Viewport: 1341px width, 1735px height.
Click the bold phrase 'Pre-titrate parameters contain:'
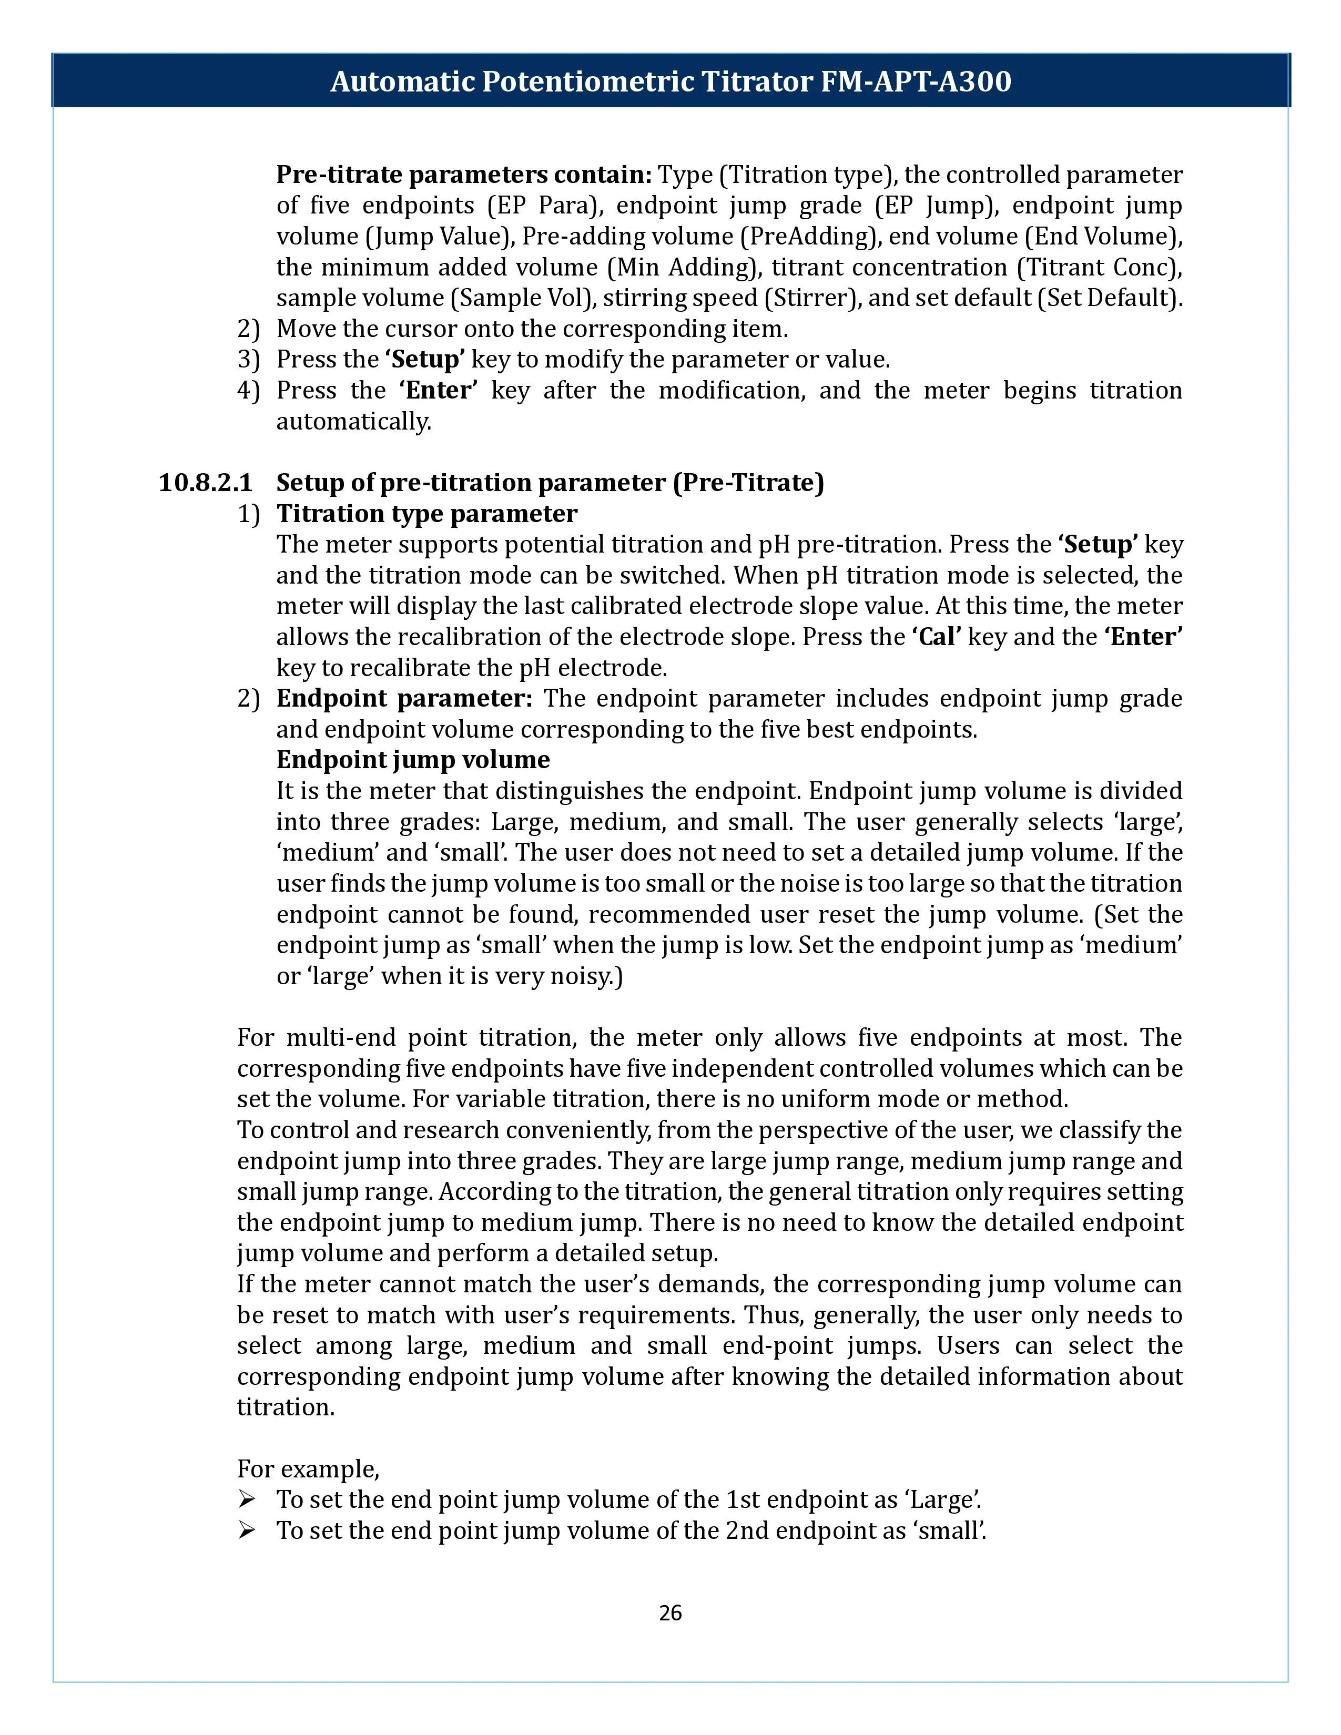tap(464, 174)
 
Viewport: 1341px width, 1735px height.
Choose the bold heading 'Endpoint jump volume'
tap(413, 760)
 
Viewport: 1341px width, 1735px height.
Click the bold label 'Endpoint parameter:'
tap(403, 698)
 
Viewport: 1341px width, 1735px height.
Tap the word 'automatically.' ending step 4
tap(353, 421)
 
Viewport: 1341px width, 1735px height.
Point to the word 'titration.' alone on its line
tap(286, 1407)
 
